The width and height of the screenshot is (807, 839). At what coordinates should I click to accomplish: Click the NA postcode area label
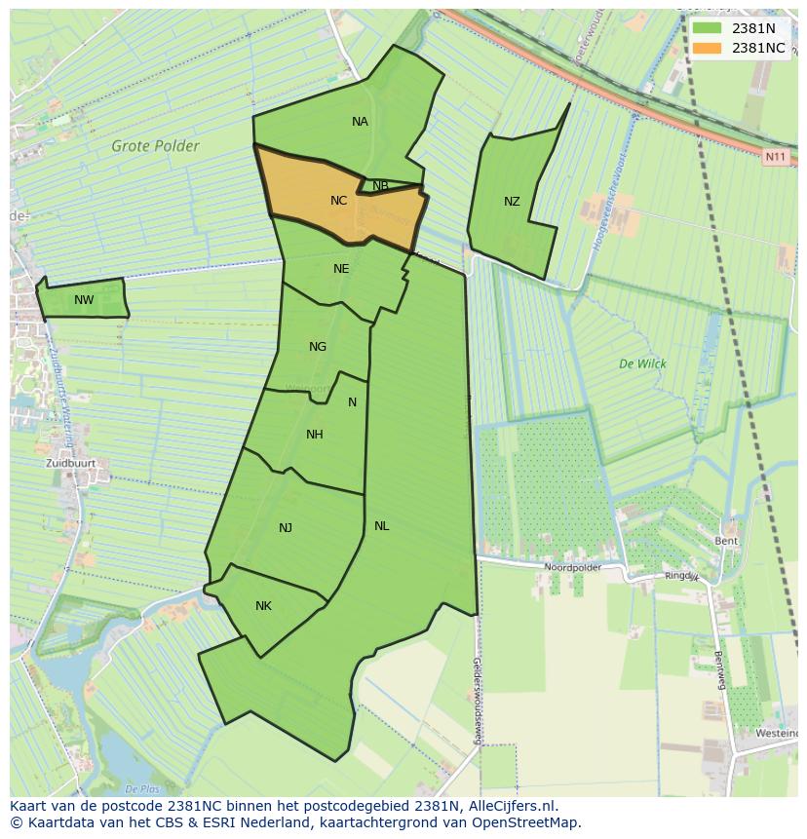point(360,122)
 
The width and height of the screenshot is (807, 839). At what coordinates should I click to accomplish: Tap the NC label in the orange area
point(338,201)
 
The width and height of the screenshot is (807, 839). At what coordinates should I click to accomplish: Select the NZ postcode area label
point(512,202)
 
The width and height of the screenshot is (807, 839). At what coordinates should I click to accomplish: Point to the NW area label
point(84,300)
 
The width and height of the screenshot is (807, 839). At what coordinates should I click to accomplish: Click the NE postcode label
point(341,269)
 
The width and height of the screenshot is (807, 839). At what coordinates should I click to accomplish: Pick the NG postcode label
point(318,347)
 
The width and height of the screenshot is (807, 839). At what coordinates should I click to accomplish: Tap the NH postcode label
point(314,435)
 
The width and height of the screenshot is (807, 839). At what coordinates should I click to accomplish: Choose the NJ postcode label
point(286,528)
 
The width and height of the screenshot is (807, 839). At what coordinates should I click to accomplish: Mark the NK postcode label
point(263,606)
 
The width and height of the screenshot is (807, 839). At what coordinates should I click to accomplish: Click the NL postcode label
point(381,526)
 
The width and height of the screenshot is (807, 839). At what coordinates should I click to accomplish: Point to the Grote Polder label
point(155,147)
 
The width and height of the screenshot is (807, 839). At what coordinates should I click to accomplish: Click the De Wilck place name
point(642,363)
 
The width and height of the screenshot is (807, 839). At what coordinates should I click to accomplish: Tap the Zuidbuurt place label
point(69,464)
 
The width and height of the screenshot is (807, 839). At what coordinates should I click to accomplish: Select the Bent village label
point(726,541)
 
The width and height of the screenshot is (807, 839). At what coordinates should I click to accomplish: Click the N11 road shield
point(775,156)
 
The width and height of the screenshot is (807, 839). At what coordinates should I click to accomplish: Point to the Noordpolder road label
point(572,566)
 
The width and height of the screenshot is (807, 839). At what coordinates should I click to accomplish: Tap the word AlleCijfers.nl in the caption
point(512,806)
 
